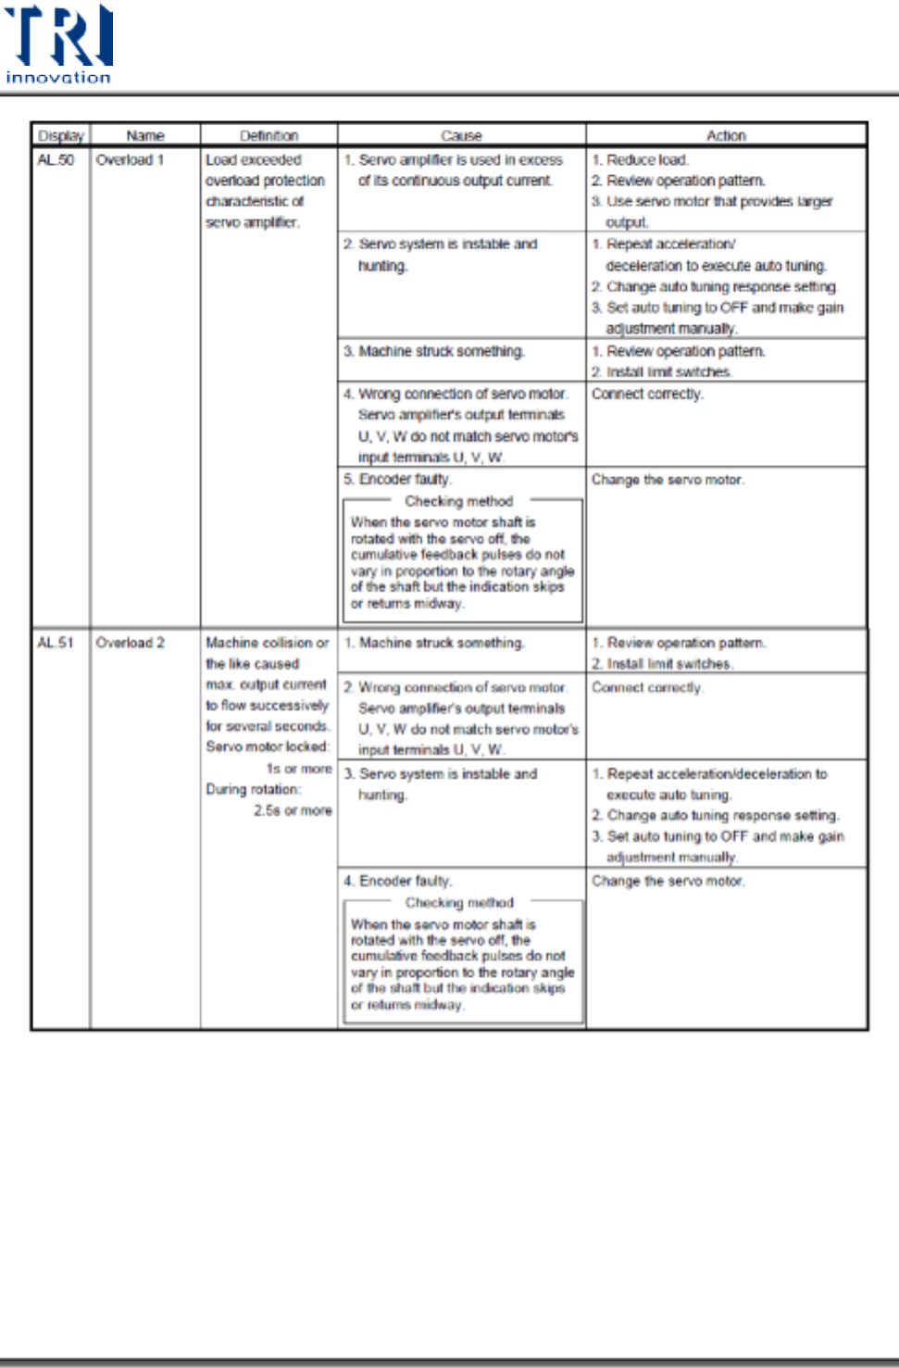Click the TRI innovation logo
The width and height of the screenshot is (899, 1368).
[x=58, y=44]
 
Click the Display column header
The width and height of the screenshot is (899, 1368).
[x=60, y=135]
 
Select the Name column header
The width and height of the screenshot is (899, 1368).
[x=144, y=135]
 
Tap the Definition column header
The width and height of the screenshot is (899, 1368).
[x=268, y=135]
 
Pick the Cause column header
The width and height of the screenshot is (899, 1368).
[x=461, y=135]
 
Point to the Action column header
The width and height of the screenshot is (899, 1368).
[x=726, y=135]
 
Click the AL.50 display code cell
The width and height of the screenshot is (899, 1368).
[x=56, y=159]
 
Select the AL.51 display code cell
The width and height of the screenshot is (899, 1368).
[x=56, y=642]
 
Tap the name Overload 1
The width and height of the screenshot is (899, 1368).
[x=130, y=159]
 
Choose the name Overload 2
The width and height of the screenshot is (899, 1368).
[x=130, y=642]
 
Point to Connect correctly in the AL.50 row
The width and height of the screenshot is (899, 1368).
[x=647, y=394]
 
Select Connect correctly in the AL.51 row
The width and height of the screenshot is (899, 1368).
[x=647, y=687]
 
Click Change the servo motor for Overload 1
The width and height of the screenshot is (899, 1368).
[x=668, y=480]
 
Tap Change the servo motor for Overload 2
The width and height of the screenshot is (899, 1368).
[x=668, y=881]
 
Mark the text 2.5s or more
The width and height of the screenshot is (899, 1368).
[x=293, y=810]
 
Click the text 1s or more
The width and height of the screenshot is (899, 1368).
[x=298, y=769]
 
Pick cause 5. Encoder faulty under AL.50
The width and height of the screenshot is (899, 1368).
[x=397, y=479]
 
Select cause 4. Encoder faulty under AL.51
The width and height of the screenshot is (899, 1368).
[x=397, y=881]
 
